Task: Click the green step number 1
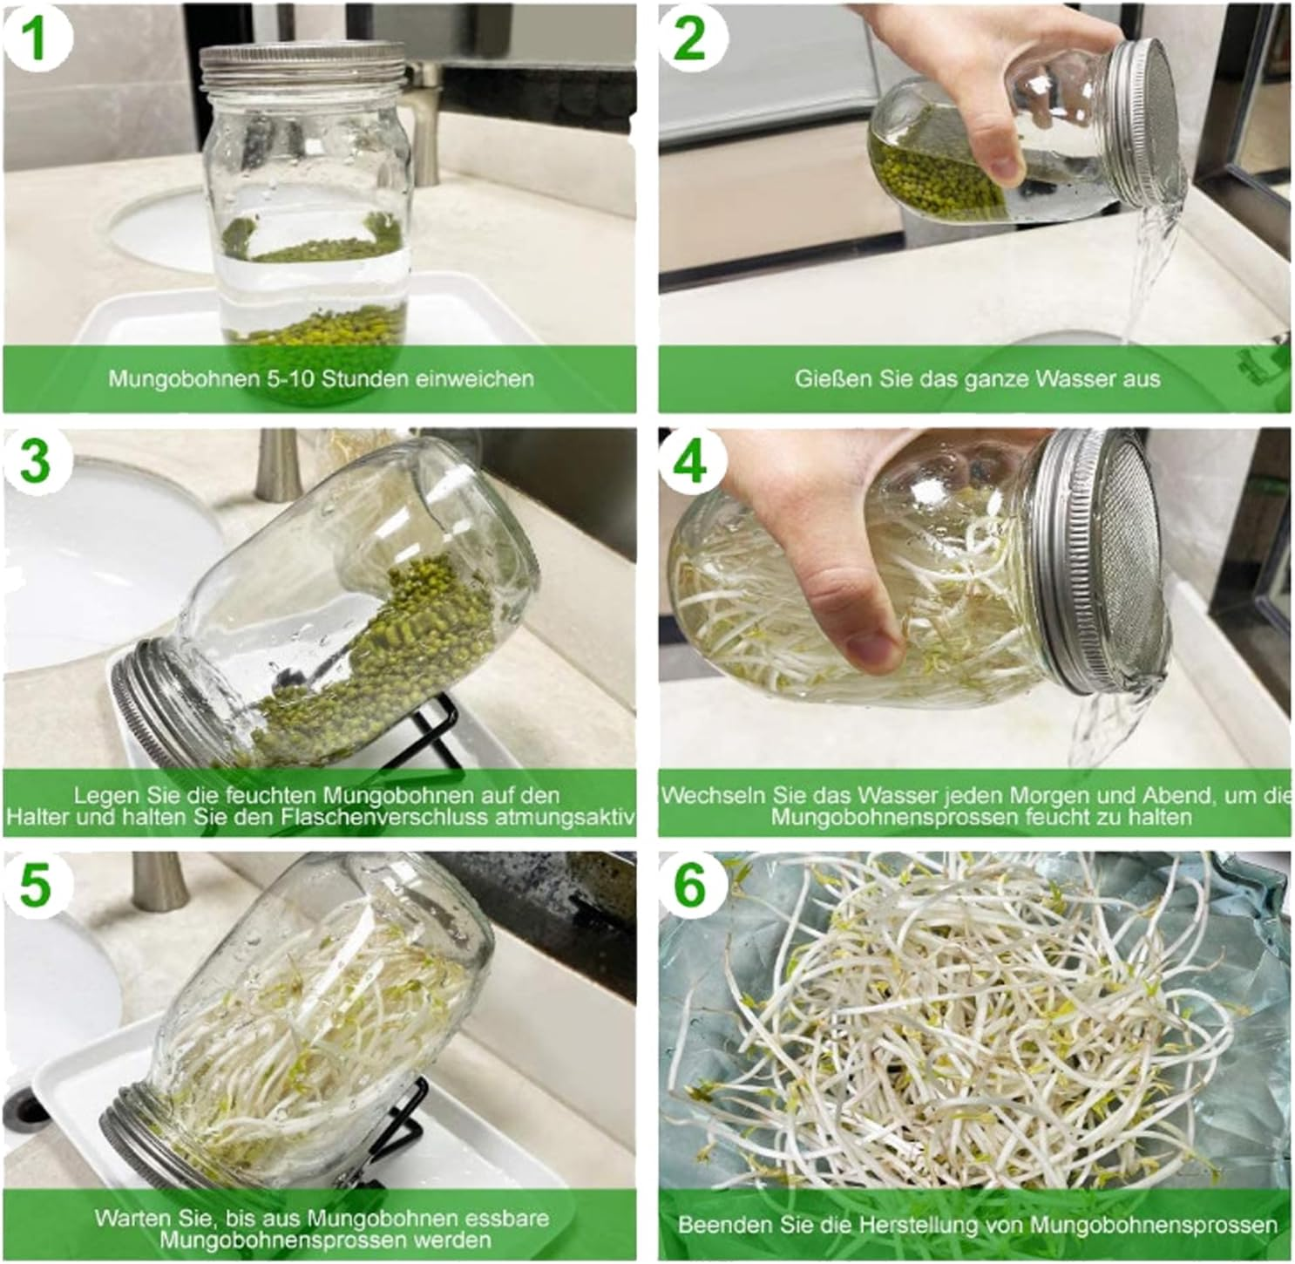(36, 39)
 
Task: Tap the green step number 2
(689, 39)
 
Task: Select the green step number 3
(36, 462)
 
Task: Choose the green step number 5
(36, 887)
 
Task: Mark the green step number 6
(689, 887)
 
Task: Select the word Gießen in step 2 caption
(824, 379)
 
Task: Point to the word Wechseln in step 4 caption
(708, 795)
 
